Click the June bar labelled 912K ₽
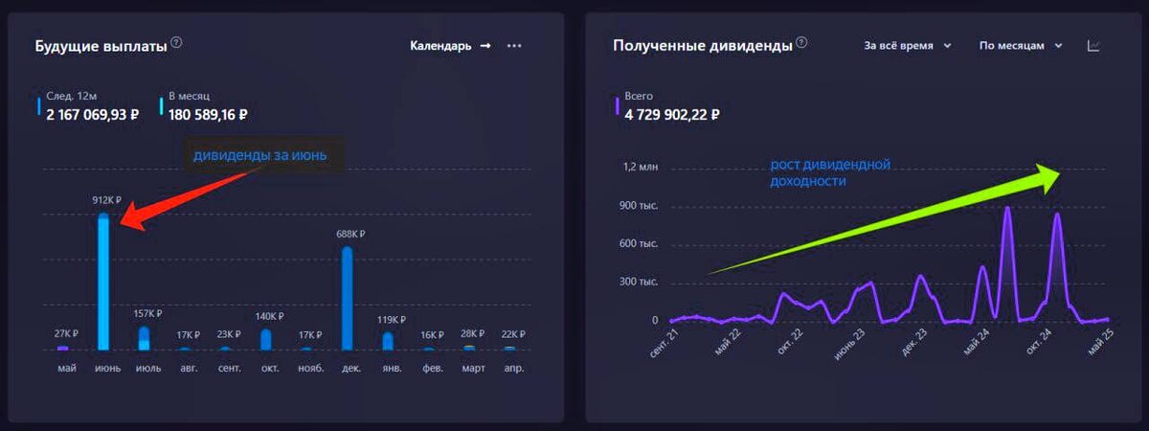tap(102, 283)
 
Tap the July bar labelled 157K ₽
tap(144, 338)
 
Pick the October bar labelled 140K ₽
tap(265, 339)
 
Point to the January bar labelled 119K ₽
tap(388, 340)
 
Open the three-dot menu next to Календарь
tap(514, 45)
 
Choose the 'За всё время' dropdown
tap(907, 45)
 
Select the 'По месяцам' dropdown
tap(1021, 45)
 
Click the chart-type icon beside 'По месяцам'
tap(1093, 45)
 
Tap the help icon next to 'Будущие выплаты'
tap(176, 43)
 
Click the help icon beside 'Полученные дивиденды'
tap(801, 43)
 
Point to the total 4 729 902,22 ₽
tap(671, 115)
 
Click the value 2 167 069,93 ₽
tap(93, 115)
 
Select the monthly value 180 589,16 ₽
tap(208, 115)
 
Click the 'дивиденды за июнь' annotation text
tap(261, 155)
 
